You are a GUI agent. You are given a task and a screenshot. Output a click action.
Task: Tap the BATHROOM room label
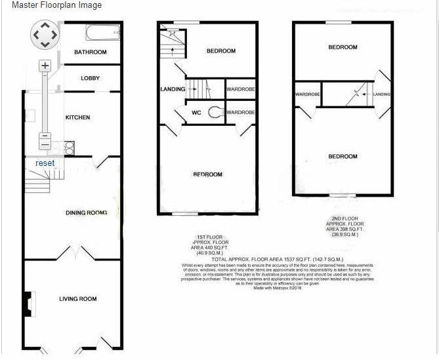point(90,52)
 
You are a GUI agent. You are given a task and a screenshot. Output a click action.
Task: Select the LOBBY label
point(90,79)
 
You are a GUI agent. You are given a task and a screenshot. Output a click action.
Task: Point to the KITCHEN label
point(77,117)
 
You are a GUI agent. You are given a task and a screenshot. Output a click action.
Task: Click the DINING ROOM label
point(86,212)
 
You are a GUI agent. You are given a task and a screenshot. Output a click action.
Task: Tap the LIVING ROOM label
point(77,299)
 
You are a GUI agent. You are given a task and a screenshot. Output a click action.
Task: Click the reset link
point(45,163)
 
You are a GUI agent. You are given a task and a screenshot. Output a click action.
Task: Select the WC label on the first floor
point(196,113)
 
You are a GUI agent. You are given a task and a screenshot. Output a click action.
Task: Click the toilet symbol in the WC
point(214,113)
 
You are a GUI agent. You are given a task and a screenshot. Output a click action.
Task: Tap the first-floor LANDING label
point(172,89)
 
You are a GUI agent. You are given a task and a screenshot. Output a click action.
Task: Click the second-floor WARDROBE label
point(307,94)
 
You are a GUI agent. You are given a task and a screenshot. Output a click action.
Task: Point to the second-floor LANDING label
point(381,94)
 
